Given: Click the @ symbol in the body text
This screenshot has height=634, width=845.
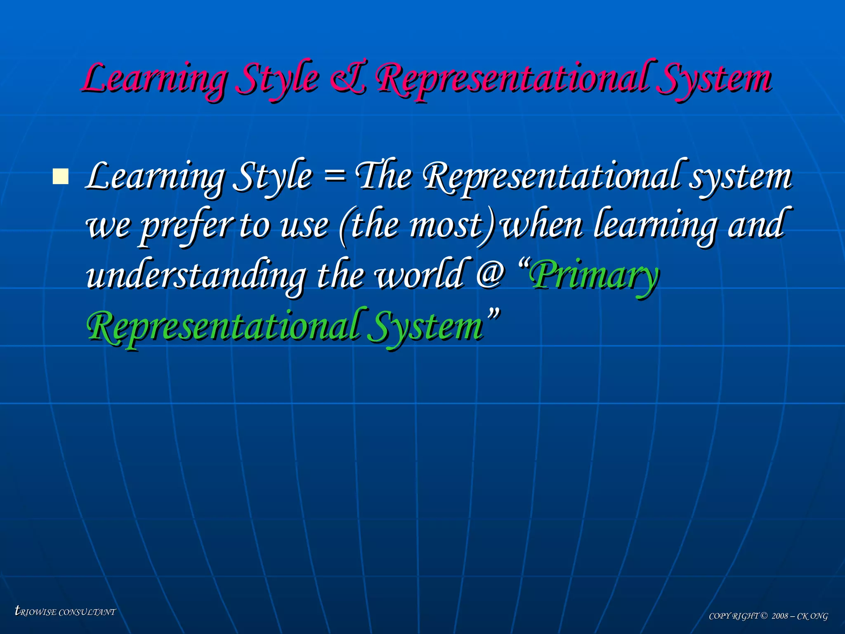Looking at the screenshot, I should [x=490, y=274].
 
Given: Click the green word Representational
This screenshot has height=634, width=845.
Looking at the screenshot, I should [x=223, y=326].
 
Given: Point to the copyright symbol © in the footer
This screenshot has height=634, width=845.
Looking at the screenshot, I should [x=764, y=616].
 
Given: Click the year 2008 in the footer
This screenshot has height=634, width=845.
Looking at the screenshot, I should [x=780, y=616].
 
